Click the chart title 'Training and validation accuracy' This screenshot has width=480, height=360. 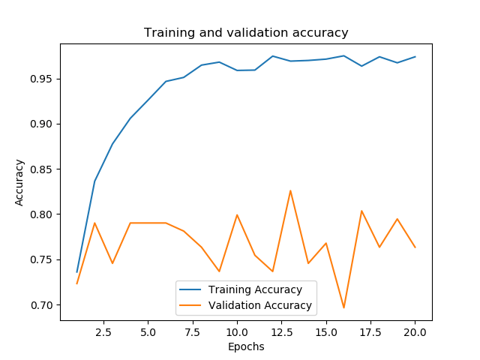pyautogui.click(x=246, y=33)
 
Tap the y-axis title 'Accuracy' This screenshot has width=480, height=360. pyautogui.click(x=20, y=182)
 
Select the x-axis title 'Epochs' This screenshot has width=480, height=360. pyautogui.click(x=246, y=346)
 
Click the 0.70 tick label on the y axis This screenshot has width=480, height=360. pyautogui.click(x=43, y=305)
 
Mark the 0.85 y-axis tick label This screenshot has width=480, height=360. pyautogui.click(x=43, y=169)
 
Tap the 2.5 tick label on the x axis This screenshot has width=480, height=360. pyautogui.click(x=103, y=331)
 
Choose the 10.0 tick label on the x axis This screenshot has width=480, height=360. pyautogui.click(x=237, y=331)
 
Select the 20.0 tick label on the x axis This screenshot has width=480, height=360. pyautogui.click(x=415, y=331)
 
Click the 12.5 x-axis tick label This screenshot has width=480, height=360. pyautogui.click(x=281, y=331)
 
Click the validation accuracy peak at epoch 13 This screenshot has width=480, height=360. pyautogui.click(x=290, y=190)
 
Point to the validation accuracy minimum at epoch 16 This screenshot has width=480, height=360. pyautogui.click(x=343, y=307)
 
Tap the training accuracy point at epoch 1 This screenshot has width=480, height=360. pyautogui.click(x=76, y=271)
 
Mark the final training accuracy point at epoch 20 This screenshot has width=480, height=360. pyautogui.click(x=415, y=57)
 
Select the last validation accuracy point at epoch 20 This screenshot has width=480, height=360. pyautogui.click(x=415, y=247)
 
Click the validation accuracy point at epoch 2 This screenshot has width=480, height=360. pyautogui.click(x=94, y=223)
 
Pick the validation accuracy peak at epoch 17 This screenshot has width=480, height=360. pyautogui.click(x=361, y=211)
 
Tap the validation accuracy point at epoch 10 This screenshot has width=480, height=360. pyautogui.click(x=237, y=215)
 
